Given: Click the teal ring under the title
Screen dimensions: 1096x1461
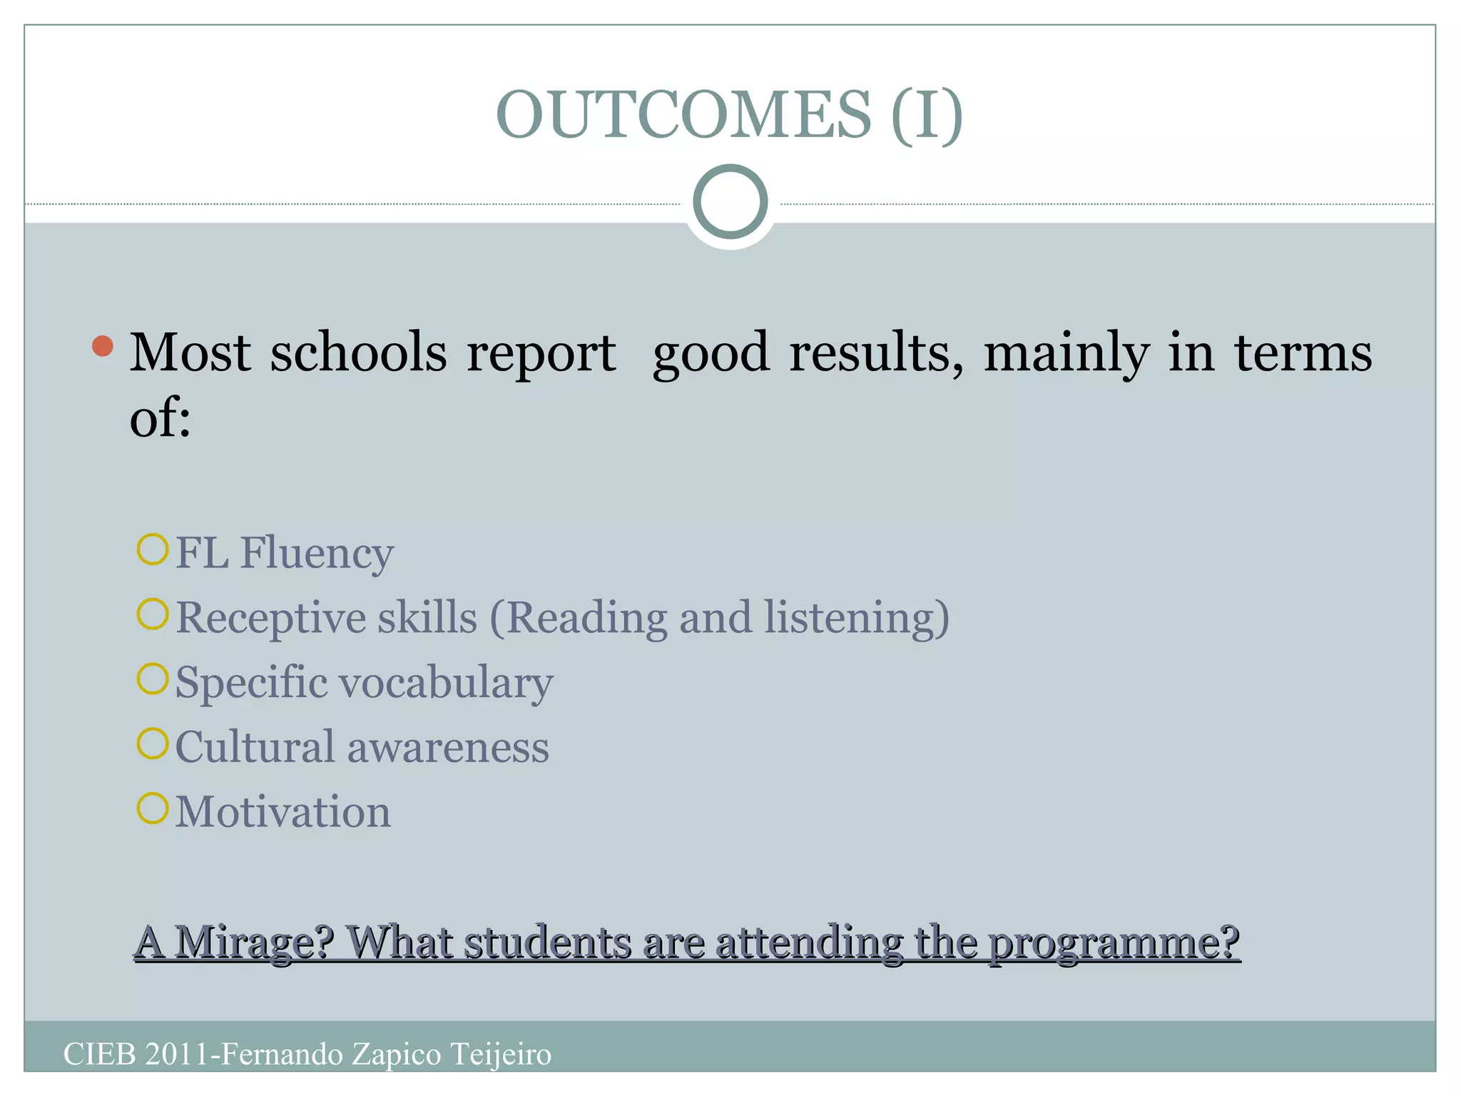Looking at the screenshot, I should point(730,202).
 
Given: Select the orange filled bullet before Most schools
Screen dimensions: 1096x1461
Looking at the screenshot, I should point(103,346).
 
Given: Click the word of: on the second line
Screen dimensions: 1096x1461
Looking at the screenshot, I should point(160,417).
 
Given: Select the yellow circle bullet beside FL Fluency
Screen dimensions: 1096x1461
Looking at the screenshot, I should point(152,549).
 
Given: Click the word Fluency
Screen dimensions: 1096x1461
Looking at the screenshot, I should point(317,554).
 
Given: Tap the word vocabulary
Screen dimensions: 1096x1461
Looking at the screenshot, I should point(445,684).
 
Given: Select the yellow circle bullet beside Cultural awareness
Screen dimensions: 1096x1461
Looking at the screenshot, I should point(152,744).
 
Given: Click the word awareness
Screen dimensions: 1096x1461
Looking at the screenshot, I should point(447,748).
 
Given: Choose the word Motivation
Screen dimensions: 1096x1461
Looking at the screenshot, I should point(283,812).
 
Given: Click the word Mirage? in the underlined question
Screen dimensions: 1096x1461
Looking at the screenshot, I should point(254,943).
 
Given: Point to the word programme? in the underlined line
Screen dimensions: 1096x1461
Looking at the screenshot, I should point(1114,944).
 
